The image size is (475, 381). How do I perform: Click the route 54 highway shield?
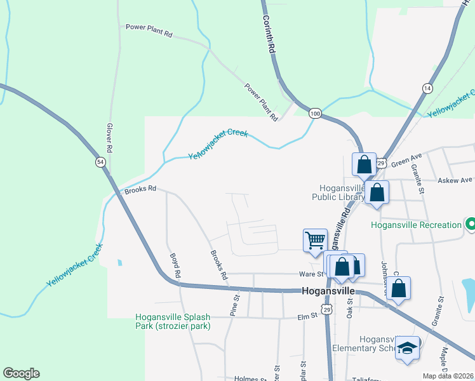(100, 162)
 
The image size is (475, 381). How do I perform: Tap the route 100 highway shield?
(315, 113)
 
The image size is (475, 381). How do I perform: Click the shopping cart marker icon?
(315, 241)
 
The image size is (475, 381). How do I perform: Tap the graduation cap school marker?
(408, 348)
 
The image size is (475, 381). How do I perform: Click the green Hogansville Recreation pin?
(471, 225)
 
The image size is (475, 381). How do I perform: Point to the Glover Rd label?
(109, 137)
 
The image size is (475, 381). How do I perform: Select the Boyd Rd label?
(175, 267)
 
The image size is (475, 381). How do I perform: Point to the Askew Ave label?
(455, 180)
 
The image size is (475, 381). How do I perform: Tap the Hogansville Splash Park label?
(173, 321)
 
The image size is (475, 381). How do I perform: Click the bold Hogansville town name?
(327, 290)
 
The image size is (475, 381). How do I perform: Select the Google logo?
(21, 373)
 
